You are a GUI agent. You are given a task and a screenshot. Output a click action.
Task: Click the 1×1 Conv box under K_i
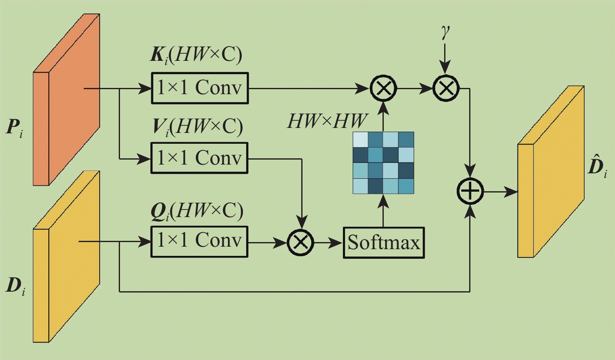click(200, 88)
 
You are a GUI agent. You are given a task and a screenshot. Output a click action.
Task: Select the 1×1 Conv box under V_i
click(199, 158)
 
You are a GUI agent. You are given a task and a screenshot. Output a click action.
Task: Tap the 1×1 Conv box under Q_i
click(199, 242)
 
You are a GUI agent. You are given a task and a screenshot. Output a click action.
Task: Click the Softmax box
click(383, 242)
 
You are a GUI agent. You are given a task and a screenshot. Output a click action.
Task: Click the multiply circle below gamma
click(446, 88)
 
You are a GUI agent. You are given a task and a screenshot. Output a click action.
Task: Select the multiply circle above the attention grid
click(383, 88)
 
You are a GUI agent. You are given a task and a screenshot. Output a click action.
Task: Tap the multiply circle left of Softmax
click(300, 242)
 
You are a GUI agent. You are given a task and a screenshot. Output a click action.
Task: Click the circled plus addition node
click(470, 192)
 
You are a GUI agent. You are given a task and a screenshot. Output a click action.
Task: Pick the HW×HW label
click(327, 121)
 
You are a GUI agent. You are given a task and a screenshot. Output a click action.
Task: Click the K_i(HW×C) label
click(196, 54)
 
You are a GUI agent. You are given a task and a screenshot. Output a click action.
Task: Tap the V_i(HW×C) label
click(197, 126)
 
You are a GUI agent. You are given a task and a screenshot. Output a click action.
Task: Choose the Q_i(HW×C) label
click(197, 211)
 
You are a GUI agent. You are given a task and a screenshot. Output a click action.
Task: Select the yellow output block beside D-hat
click(550, 172)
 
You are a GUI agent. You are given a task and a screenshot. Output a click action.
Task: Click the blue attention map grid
click(383, 163)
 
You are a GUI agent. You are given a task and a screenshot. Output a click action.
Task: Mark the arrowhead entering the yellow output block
click(512, 192)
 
